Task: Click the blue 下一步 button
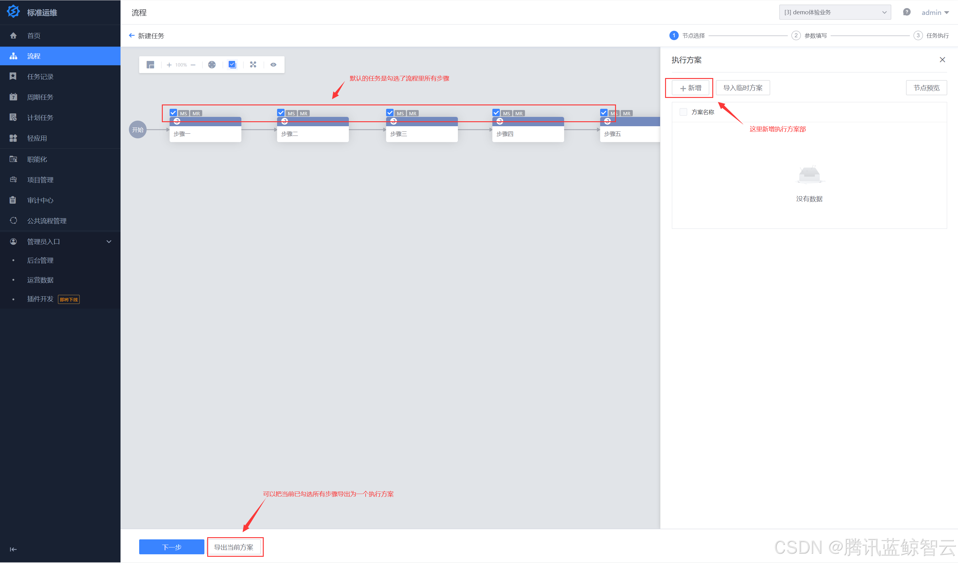[x=171, y=547]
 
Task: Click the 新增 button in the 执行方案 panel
[x=690, y=88]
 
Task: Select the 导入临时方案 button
[x=742, y=88]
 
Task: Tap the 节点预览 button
[x=926, y=88]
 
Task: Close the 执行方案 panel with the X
[x=942, y=60]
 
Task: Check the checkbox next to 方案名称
[x=683, y=112]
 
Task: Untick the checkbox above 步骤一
[x=173, y=113]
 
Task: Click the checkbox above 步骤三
[x=390, y=113]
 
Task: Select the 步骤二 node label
[x=290, y=134]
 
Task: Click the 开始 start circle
[x=138, y=130]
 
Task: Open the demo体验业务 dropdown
[x=834, y=12]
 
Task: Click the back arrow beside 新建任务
[x=131, y=35]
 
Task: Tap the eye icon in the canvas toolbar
[x=273, y=65]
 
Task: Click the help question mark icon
[x=906, y=12]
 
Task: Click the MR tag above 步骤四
[x=518, y=113]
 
